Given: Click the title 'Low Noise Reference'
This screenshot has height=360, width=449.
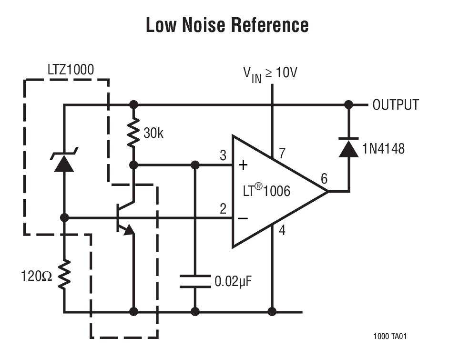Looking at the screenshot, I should point(227,25).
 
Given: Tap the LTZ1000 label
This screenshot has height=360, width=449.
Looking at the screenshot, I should point(71,70).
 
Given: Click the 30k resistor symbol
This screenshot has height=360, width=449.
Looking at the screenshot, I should point(134,134).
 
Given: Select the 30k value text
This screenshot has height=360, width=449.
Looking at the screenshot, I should point(153,134).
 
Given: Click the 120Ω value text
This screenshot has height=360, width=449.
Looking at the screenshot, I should point(36,276).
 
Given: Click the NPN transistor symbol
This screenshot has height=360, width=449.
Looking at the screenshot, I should point(125,217).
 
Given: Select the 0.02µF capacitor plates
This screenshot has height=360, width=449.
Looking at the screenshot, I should point(194,281).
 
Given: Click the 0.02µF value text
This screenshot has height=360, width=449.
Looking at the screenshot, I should point(233,281).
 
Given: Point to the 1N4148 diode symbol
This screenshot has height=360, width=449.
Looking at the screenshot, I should point(348,148).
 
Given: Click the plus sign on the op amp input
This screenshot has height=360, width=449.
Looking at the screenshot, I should point(243,165).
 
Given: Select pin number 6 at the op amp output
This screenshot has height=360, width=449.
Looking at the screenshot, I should point(324,179).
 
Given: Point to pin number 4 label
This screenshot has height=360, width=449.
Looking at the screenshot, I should point(282,231).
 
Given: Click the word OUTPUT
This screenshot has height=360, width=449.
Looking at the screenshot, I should point(396,105).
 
